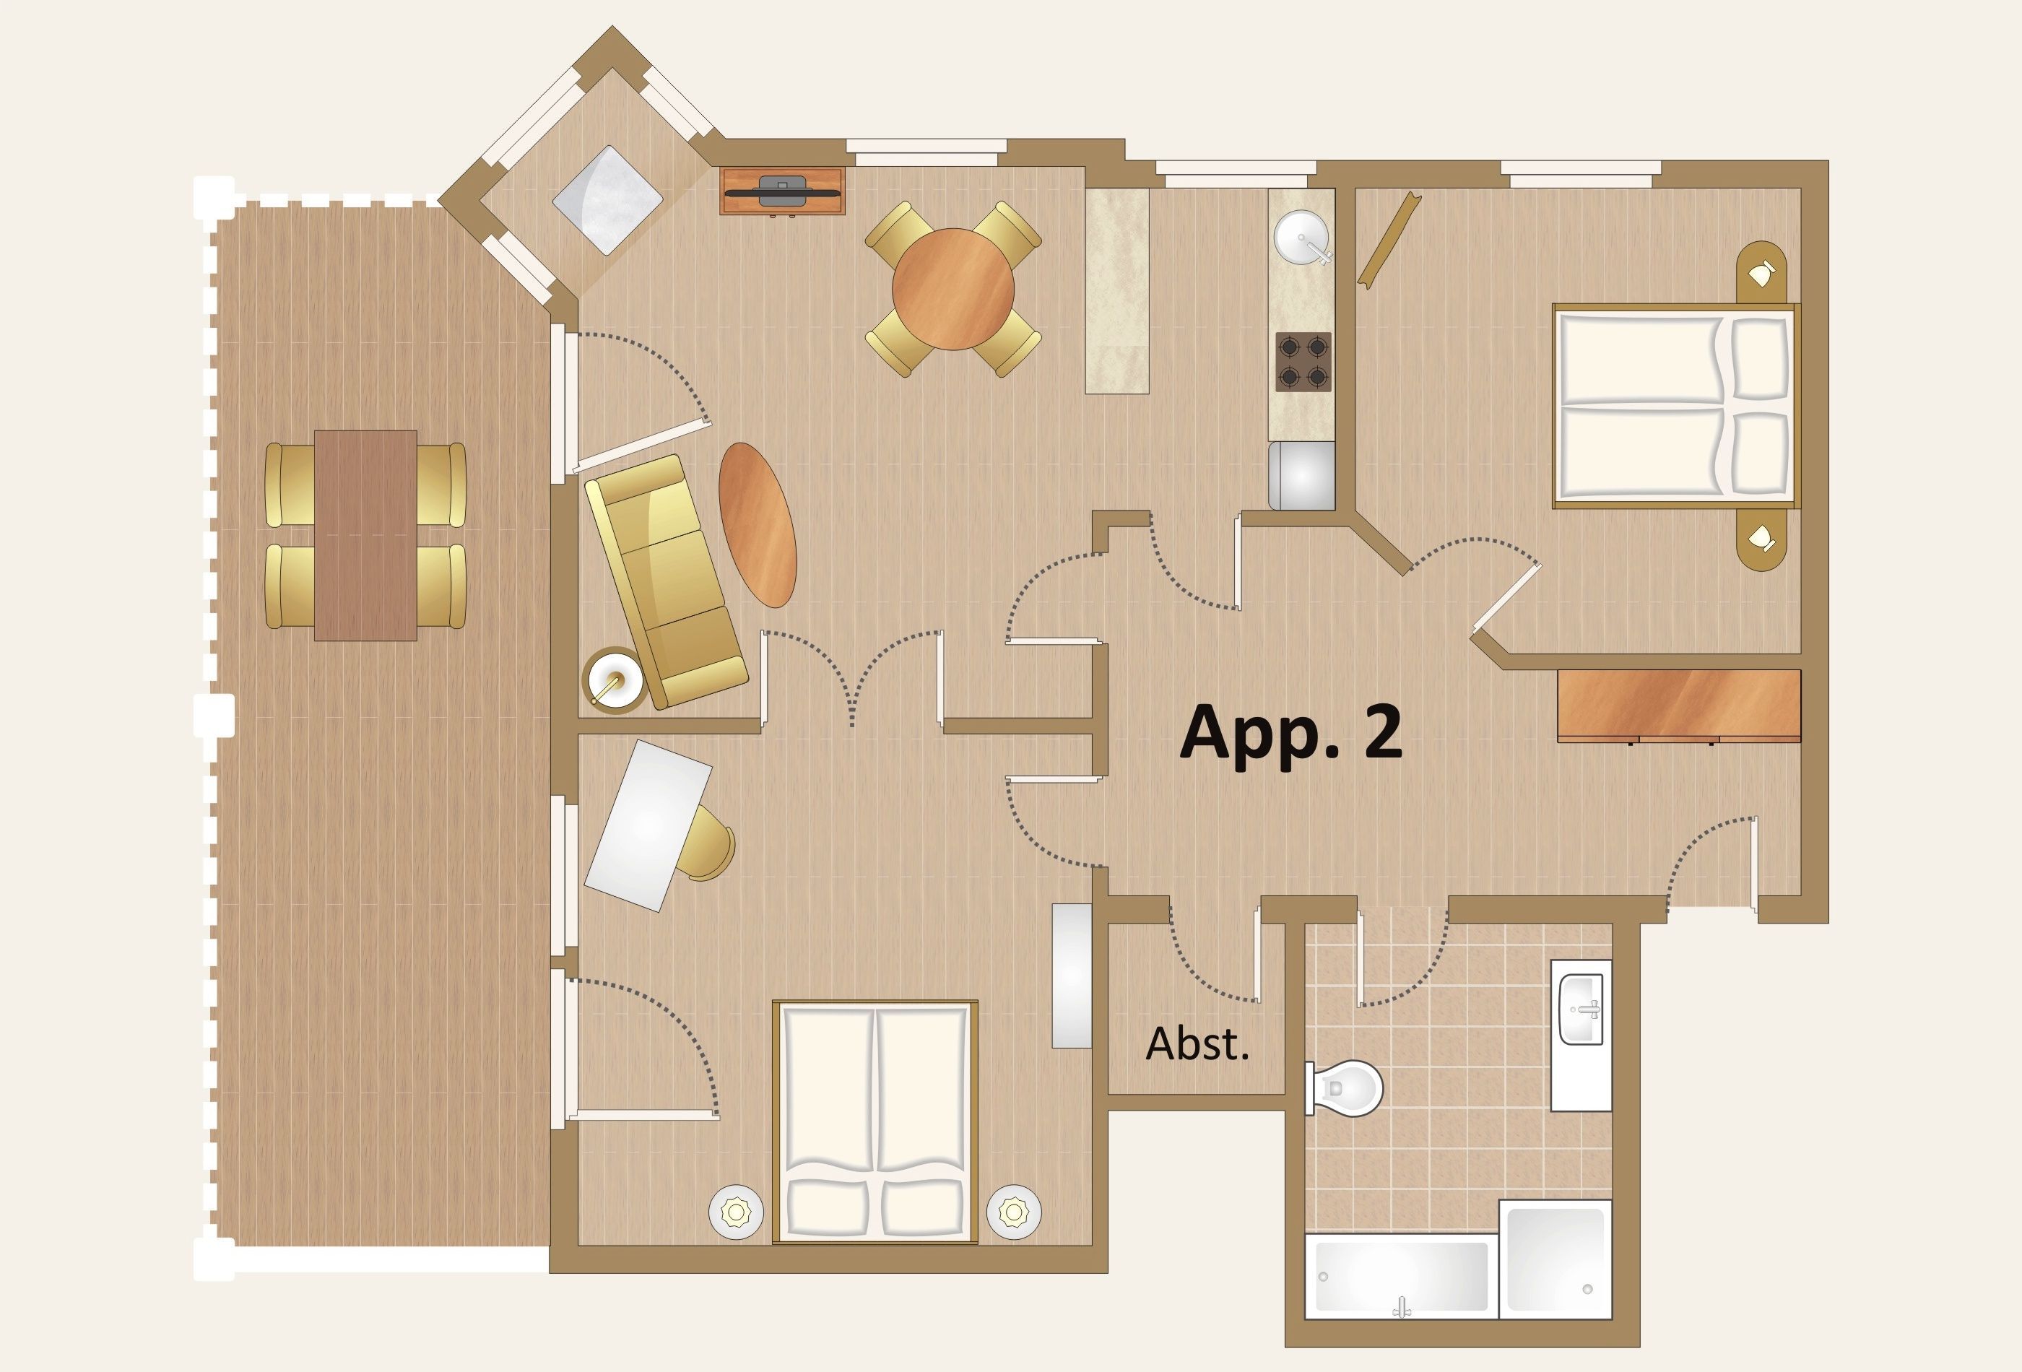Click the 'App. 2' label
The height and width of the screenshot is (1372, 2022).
coord(1290,732)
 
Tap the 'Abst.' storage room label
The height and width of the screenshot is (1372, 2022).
coord(1197,1043)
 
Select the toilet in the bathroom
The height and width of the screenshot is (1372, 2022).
coord(1343,1087)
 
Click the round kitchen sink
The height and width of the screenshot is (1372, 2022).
coord(1301,237)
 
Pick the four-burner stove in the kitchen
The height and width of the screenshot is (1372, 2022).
coord(1303,362)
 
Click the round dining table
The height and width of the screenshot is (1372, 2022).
coord(953,289)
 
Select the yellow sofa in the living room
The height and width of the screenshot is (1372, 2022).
coord(666,581)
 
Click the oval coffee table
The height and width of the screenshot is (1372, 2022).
coord(757,525)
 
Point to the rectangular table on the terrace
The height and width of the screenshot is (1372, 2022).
coord(365,535)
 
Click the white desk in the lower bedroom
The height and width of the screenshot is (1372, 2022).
coord(648,825)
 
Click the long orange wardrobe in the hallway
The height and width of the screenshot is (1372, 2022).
coord(1678,705)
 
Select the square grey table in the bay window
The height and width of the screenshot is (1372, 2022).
coord(607,200)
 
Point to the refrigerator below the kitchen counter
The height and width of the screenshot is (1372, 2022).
coord(1301,475)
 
